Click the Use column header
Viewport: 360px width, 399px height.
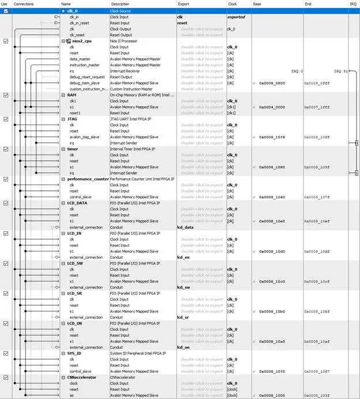(x=5, y=3)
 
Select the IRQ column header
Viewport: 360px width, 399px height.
(x=352, y=3)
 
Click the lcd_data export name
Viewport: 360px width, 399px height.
(x=186, y=227)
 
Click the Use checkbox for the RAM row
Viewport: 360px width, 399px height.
(x=6, y=95)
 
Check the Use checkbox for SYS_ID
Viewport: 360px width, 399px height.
(x=6, y=353)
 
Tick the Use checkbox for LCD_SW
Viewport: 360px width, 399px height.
(x=6, y=263)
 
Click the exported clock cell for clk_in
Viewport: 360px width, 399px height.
(x=236, y=17)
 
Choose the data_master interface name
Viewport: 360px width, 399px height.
(x=82, y=59)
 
